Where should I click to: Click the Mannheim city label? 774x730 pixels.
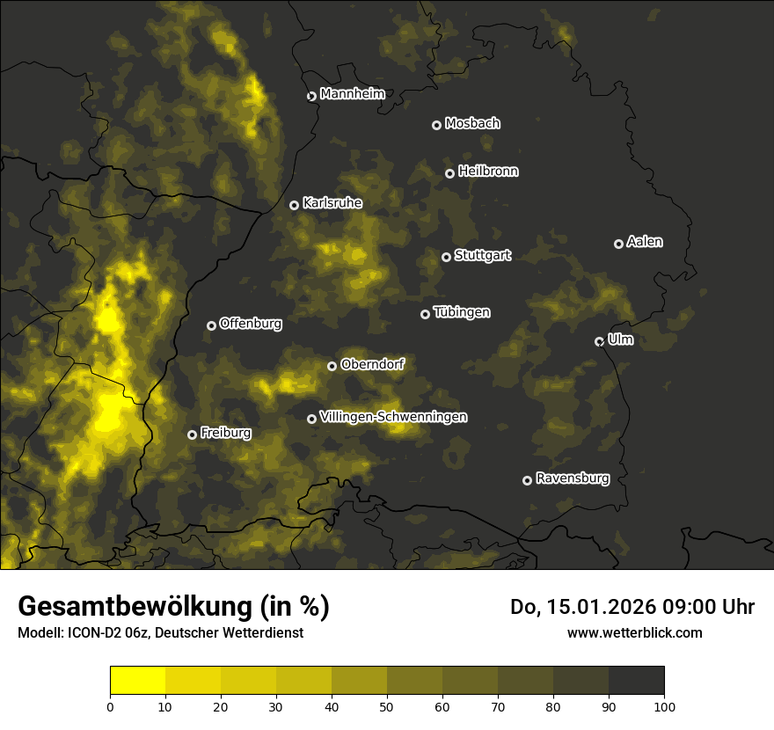pos(352,94)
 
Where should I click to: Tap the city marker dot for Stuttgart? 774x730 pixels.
pos(446,257)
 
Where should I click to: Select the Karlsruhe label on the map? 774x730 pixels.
pos(332,203)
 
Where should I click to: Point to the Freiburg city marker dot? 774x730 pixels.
pos(192,434)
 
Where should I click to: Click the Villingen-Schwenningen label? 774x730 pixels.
pos(393,417)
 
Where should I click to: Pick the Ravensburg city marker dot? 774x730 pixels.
pos(527,480)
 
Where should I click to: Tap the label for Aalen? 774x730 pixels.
pos(645,242)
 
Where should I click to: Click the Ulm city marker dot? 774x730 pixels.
pos(599,341)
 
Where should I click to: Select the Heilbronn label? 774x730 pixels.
pos(488,172)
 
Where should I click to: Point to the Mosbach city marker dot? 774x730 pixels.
pos(435,125)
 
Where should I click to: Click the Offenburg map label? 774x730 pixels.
pos(251,324)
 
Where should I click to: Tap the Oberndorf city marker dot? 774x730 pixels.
pos(332,366)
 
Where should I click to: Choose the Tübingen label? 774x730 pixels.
pos(462,312)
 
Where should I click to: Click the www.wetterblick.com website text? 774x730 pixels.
pos(634,632)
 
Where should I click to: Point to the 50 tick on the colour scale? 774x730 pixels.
pos(387,705)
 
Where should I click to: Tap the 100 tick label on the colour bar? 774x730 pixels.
pos(664,705)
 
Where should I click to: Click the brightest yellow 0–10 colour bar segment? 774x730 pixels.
pos(138,680)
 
